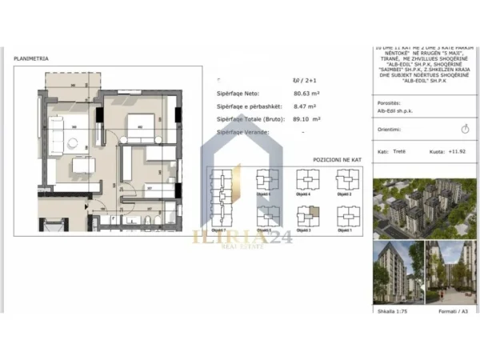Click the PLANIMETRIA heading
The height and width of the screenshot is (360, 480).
(32, 58)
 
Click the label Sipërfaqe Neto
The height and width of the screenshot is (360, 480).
(238, 93)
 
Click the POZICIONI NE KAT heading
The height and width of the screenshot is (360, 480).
(337, 160)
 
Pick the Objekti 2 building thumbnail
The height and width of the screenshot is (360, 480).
(346, 181)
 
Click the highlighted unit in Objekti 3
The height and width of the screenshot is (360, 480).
(314, 211)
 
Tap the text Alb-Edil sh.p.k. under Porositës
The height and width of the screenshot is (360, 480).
(393, 112)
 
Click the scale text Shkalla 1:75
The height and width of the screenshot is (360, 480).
(390, 310)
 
